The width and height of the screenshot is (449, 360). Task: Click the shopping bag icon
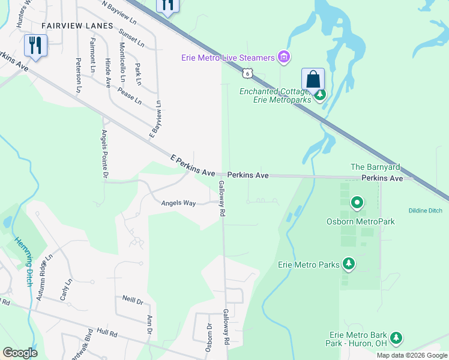(x=313, y=79)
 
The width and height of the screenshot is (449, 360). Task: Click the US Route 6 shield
(x=247, y=73)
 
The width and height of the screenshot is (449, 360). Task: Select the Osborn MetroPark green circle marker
(x=357, y=203)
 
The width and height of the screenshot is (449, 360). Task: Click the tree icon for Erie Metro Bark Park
(x=396, y=338)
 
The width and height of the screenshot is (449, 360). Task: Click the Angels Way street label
(x=178, y=203)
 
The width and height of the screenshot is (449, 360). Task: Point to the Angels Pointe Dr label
(x=104, y=154)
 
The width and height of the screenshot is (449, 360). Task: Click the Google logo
(x=20, y=352)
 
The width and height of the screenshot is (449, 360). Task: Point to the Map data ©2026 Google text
(x=411, y=355)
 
